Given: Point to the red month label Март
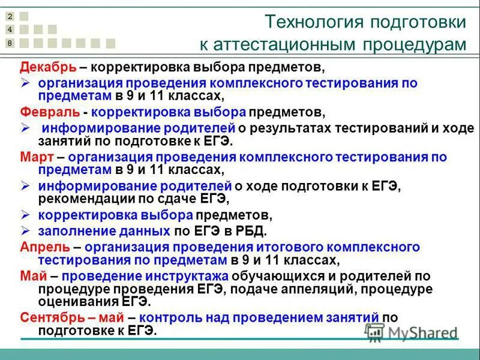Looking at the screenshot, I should tap(37, 157).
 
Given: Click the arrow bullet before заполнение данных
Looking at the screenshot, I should tap(26, 230).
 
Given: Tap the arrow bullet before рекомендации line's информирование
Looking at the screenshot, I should tap(26, 185).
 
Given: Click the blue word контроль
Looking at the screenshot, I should tap(170, 317).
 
